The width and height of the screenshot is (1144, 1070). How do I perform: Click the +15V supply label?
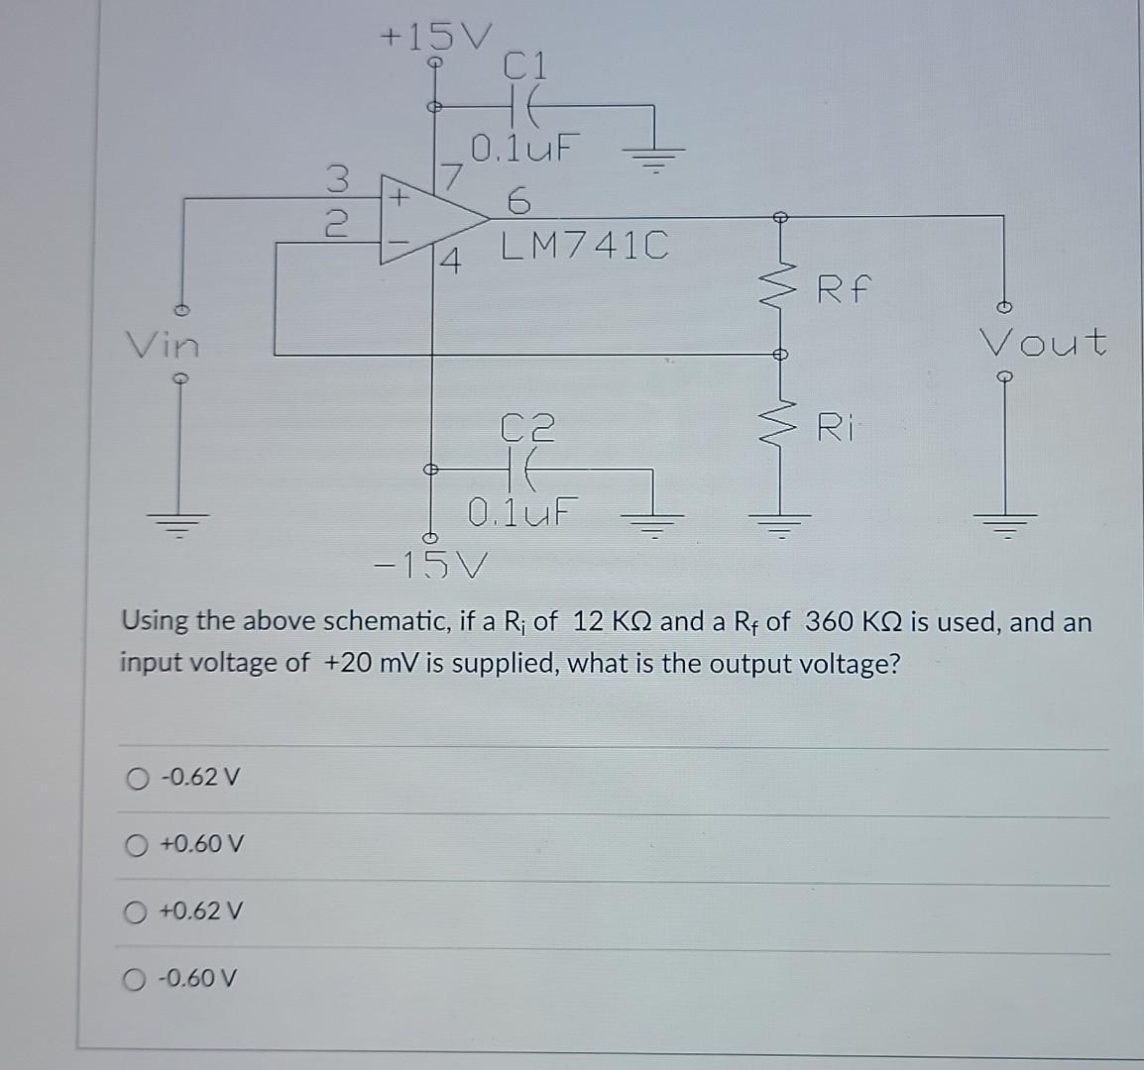435,37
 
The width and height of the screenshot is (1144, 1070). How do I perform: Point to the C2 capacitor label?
527,427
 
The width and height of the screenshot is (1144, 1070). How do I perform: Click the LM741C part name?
584,245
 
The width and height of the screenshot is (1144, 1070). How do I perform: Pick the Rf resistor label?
844,290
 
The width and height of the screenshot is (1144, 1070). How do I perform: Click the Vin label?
162,346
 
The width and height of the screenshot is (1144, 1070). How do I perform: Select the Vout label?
1042,343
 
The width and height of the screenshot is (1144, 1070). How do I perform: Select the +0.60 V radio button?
137,845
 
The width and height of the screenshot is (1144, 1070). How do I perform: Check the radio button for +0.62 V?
137,911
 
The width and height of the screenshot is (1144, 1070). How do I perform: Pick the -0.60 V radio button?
137,979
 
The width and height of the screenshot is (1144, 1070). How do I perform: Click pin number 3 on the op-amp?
338,179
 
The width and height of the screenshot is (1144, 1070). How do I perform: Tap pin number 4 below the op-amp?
451,264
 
